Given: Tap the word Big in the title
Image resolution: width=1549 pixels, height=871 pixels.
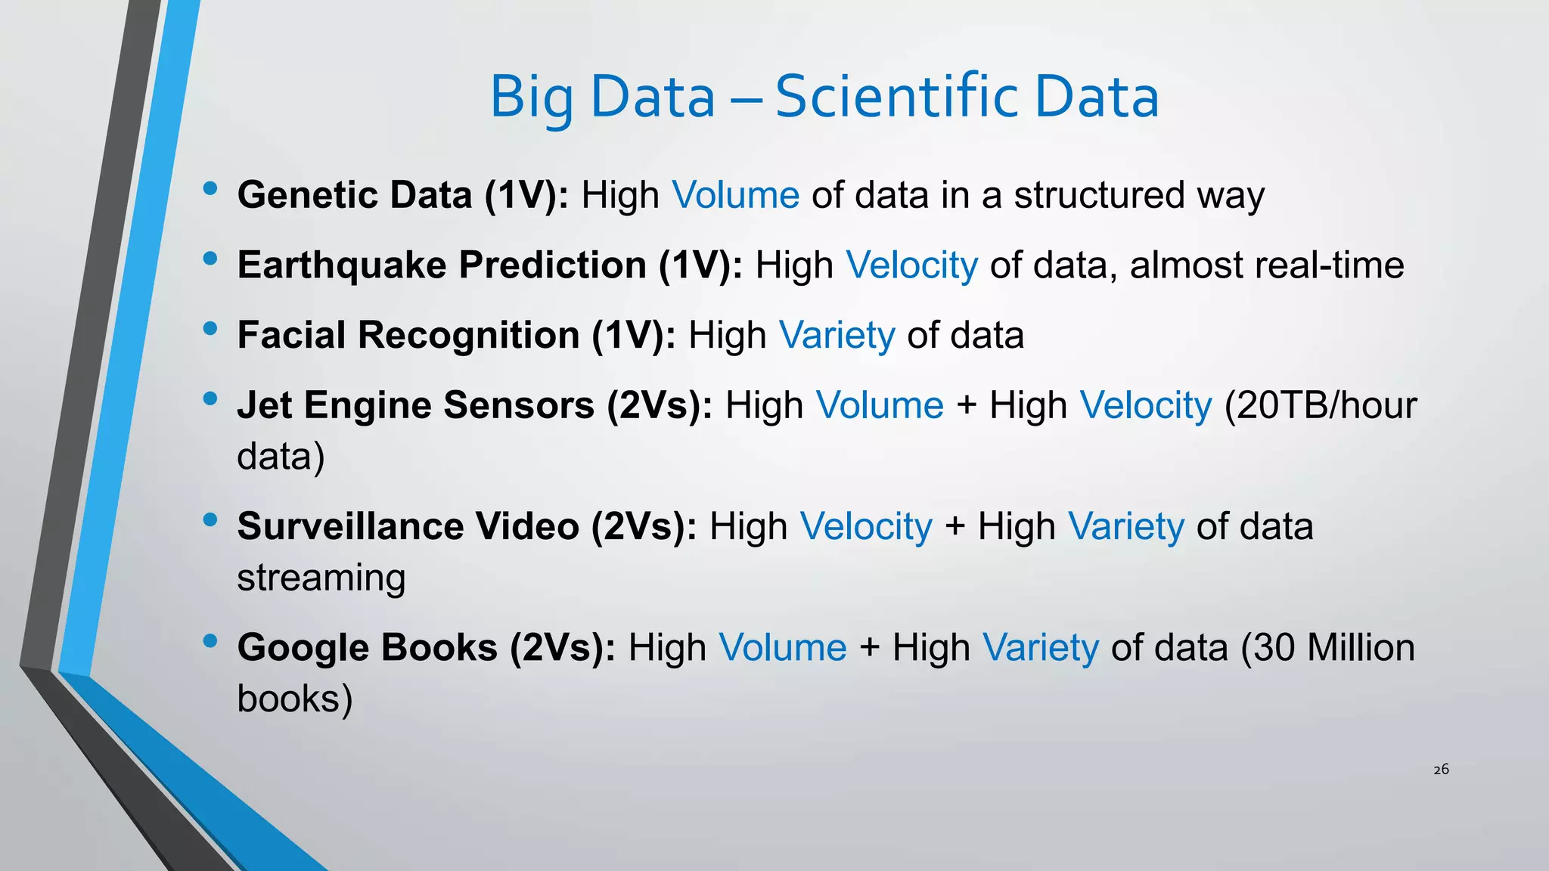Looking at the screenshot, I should (x=532, y=98).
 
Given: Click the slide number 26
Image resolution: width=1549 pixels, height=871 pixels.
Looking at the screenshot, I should (x=1441, y=769).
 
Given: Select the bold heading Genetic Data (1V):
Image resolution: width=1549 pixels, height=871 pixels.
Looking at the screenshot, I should (x=403, y=195).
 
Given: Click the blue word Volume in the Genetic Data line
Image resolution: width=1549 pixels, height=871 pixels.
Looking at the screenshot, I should (x=735, y=195).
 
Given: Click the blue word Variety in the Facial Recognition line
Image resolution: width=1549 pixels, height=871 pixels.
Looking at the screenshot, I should (x=837, y=335).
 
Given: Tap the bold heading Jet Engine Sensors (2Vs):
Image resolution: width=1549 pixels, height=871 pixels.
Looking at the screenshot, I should (x=474, y=405).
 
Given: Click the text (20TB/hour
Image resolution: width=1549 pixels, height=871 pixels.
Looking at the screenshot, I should (x=1320, y=405).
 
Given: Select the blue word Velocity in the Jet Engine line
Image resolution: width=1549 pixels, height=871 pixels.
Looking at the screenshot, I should (x=1145, y=405).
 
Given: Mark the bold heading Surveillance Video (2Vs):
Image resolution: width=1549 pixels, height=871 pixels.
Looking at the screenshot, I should (x=467, y=526).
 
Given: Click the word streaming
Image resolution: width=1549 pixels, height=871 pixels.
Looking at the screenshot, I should (x=321, y=578).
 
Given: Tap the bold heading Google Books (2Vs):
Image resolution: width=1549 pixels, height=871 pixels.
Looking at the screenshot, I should (x=426, y=648).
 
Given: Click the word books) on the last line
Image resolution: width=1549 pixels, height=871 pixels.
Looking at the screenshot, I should (x=295, y=699).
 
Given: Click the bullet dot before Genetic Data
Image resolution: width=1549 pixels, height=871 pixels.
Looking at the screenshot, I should (x=210, y=188).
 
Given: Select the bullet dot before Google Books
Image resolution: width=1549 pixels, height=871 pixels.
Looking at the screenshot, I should (x=210, y=641).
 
